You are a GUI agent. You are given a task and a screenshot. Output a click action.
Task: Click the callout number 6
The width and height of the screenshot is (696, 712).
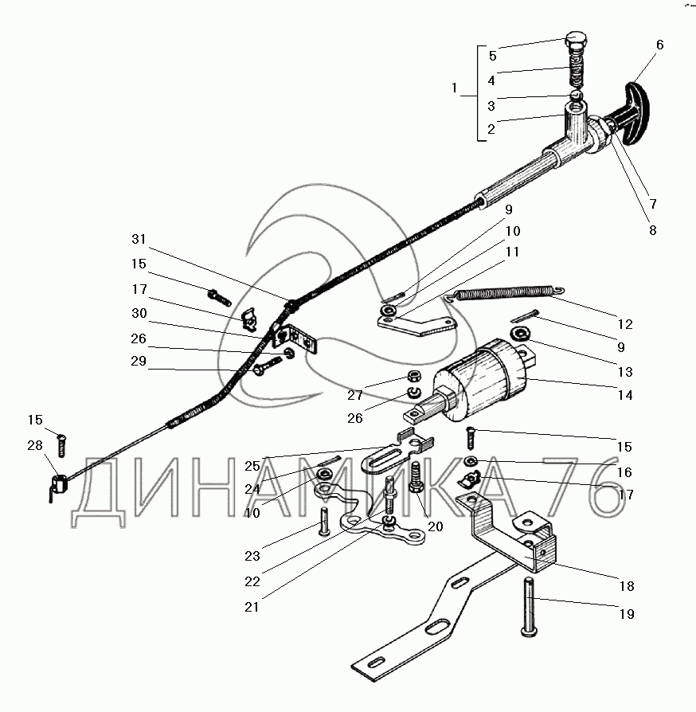pos(659,45)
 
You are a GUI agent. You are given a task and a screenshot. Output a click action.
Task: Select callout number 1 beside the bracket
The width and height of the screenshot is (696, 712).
pos(455,88)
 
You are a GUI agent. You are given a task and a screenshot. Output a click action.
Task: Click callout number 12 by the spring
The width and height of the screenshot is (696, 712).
pos(625,324)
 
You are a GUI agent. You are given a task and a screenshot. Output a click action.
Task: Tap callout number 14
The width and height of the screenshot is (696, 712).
pos(625,394)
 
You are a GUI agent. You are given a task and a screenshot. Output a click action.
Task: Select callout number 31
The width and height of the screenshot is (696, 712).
pos(139,241)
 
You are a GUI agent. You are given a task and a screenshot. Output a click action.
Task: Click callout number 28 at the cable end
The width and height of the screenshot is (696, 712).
pos(34,445)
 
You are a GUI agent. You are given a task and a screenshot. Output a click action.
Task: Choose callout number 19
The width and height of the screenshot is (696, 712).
pos(625,614)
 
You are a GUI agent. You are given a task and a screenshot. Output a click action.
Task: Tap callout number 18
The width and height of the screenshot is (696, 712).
pos(625,586)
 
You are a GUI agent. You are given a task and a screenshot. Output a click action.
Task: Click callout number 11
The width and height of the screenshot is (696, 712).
pos(511,252)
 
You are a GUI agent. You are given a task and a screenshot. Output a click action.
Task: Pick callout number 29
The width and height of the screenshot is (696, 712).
pos(139,362)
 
